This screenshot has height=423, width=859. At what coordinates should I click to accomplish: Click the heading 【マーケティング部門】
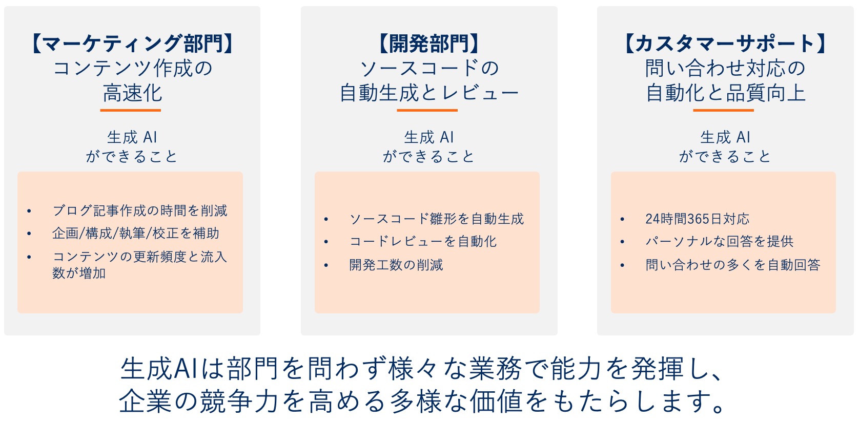coord(133,44)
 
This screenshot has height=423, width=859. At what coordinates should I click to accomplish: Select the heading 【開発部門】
coord(429,44)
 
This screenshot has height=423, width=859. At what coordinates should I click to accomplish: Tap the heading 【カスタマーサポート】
coord(725,44)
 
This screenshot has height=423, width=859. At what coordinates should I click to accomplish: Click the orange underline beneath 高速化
coord(130,110)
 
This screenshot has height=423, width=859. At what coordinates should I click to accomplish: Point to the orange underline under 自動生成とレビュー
coord(427,110)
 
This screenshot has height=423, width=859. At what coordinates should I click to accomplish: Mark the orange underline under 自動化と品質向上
coord(723,110)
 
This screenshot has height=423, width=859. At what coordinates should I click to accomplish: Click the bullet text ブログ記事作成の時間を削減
coord(140,210)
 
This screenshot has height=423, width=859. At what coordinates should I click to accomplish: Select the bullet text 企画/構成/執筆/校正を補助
coord(136,234)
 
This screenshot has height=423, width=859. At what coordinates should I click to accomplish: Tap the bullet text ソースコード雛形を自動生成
coord(436,219)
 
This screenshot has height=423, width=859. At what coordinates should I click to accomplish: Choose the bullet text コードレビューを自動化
coord(423,241)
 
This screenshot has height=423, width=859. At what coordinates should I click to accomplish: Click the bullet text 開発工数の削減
coord(396,265)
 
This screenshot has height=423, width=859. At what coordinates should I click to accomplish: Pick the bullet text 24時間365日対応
coord(697,219)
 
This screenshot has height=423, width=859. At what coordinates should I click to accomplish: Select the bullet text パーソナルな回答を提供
coord(720,241)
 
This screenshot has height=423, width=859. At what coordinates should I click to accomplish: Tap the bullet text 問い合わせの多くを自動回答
coord(733,265)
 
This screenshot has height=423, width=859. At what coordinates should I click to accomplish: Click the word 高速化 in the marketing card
coord(132,93)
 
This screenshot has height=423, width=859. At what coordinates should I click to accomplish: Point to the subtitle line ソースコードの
coord(429,68)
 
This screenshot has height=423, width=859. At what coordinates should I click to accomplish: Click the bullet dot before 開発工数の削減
coord(326,265)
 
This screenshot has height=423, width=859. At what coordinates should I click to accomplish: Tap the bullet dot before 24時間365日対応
coord(622,219)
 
